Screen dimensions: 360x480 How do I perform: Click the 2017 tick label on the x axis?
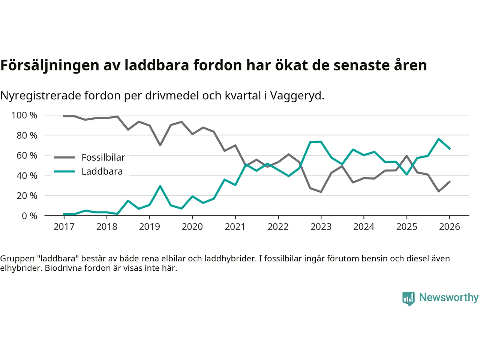[64, 227]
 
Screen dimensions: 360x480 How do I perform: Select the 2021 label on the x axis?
[235, 227]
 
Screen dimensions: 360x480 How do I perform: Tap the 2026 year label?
[449, 227]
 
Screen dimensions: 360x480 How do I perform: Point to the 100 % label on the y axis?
[24, 115]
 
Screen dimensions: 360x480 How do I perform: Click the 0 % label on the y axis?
[29, 216]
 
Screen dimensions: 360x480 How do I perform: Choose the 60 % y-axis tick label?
[27, 156]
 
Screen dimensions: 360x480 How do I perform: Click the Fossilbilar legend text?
[103, 157]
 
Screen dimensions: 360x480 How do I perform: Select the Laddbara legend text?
[102, 172]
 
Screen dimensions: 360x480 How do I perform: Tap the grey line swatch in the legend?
[64, 157]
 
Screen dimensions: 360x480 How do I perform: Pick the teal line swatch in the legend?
[64, 172]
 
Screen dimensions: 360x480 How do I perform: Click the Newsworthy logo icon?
[408, 298]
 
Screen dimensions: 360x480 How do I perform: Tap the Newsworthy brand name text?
[449, 297]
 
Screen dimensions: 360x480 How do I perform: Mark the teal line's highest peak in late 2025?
[438, 139]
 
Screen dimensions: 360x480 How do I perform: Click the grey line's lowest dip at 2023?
[321, 192]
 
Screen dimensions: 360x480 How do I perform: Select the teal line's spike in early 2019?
[160, 186]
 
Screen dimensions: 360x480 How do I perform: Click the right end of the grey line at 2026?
[450, 181]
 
